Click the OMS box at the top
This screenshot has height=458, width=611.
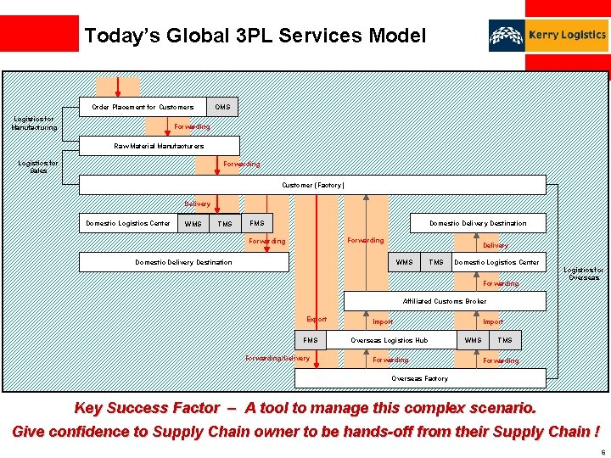(x=222, y=107)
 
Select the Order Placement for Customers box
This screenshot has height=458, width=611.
(x=143, y=107)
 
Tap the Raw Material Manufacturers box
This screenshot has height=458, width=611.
(x=159, y=146)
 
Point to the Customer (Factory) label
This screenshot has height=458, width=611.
(x=313, y=185)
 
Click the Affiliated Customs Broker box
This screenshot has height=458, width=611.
(x=444, y=301)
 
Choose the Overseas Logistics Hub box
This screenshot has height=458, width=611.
(x=390, y=340)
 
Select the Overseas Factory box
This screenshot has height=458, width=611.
(x=419, y=378)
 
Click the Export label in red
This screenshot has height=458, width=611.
(x=317, y=320)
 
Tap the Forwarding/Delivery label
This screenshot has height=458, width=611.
(x=277, y=359)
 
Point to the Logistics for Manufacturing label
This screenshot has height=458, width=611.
(x=34, y=123)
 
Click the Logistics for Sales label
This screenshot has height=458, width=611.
(x=38, y=166)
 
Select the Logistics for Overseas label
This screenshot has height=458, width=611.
(x=584, y=274)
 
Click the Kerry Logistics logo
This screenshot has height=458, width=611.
(x=548, y=36)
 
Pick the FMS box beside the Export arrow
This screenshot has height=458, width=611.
(x=311, y=340)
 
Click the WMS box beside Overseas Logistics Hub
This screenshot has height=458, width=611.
(x=474, y=340)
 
